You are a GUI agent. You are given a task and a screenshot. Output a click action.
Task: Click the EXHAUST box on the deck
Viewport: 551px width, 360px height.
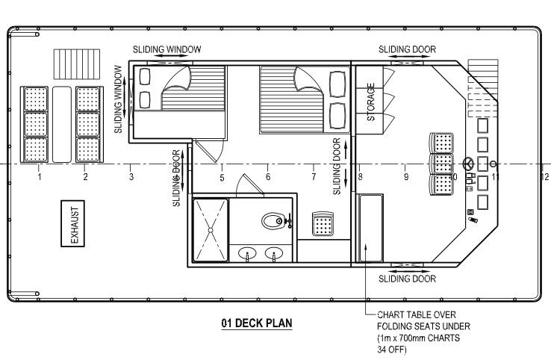[x=72, y=223]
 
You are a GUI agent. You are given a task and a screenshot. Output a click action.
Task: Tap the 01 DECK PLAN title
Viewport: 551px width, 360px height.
[x=257, y=323]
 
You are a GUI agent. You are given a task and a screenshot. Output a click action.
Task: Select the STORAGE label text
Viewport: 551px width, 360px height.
[x=371, y=102]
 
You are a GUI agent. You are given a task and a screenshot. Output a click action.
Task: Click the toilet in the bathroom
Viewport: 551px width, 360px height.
[x=274, y=221]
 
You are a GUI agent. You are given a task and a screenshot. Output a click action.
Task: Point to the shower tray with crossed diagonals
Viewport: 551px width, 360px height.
[x=211, y=230]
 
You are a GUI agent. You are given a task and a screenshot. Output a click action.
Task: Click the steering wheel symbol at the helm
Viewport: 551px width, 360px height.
[x=468, y=164]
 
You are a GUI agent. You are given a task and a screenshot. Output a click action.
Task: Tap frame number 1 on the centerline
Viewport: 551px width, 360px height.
[x=40, y=176]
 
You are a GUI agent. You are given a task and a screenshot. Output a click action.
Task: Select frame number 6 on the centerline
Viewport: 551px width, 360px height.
[x=268, y=176]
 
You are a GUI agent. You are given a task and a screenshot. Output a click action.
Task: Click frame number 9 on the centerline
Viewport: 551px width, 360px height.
[x=406, y=177]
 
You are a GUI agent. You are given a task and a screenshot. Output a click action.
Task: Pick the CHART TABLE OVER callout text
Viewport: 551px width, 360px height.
[x=417, y=314]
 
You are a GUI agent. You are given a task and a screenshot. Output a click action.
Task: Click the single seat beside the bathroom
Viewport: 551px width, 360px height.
[x=323, y=223]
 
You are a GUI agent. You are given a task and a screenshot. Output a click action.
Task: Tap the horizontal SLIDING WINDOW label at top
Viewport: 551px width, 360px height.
[x=167, y=49]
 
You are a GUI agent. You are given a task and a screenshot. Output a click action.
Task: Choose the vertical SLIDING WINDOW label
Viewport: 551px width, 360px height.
[x=119, y=99]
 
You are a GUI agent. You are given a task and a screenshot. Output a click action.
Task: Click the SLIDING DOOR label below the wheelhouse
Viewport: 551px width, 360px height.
[x=407, y=279]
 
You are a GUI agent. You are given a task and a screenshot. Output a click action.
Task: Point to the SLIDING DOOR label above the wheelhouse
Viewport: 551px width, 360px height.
[x=407, y=49]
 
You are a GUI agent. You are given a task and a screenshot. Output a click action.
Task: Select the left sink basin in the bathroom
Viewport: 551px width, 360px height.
[x=247, y=252]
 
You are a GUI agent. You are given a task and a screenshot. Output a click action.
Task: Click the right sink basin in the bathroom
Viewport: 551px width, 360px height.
[x=274, y=252]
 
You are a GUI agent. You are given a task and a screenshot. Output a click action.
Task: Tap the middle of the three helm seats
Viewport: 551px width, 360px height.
[x=442, y=164]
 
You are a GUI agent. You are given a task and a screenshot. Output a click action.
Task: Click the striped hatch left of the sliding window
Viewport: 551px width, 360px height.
[x=77, y=64]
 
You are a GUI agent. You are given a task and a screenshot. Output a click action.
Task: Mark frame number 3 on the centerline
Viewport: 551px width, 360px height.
[x=131, y=176]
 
